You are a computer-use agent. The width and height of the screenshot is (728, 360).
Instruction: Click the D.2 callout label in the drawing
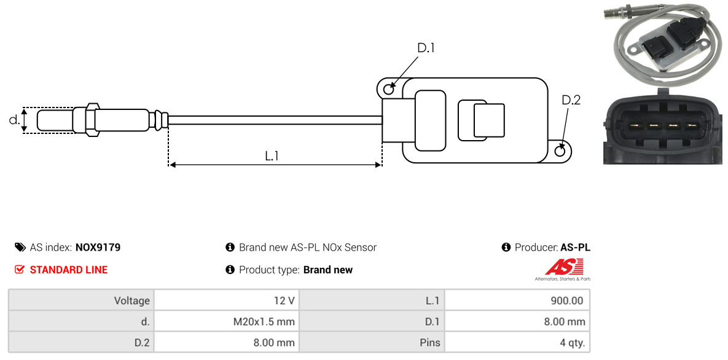pos(571,100)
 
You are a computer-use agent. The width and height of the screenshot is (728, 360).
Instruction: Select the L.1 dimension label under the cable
pos(272,156)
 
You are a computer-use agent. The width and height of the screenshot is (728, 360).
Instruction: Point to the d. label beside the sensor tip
pos(14,120)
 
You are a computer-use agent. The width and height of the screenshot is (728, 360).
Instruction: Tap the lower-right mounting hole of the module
pos(561,151)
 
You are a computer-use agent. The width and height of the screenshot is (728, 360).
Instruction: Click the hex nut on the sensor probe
pos(92,120)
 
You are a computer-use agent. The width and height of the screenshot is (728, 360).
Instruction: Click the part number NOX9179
pos(98,247)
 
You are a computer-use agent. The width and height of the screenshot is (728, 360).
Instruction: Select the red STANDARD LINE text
pos(69,270)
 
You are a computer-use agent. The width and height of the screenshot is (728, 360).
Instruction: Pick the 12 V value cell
pos(227,300)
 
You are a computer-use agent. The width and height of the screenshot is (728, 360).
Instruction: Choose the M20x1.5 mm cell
pos(227,321)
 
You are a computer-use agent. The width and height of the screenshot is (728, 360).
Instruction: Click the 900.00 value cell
pos(517,300)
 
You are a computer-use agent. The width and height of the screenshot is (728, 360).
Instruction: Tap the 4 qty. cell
pos(517,343)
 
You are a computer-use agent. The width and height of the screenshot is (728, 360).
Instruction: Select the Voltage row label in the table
pos(81,300)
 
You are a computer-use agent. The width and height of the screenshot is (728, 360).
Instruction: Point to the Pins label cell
pos(372,343)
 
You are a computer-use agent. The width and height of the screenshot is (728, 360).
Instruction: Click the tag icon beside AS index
pos(20,247)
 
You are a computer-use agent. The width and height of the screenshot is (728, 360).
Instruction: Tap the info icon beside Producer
pos(506,247)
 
